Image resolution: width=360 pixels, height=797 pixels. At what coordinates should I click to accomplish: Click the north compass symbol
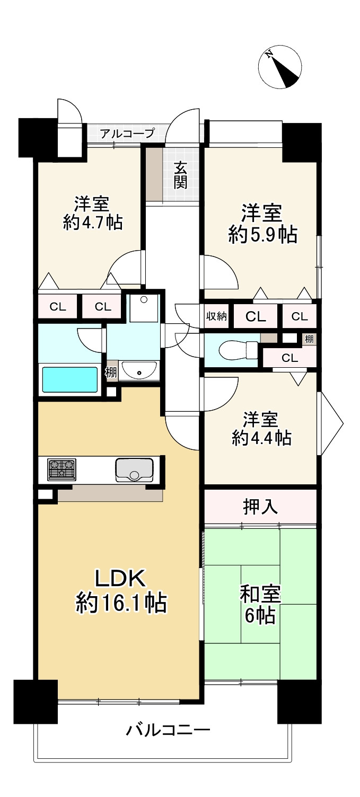pyautogui.click(x=279, y=68)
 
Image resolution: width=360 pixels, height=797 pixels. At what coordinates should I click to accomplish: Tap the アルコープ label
pyautogui.click(x=127, y=134)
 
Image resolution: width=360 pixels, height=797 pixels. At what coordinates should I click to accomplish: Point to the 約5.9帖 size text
pyautogui.click(x=262, y=234)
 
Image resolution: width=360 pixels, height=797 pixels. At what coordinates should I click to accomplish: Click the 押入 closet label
pyautogui.click(x=260, y=507)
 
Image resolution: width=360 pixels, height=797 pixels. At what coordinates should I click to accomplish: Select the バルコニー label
pyautogui.click(x=168, y=731)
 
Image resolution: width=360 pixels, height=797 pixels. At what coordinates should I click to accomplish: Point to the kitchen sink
pyautogui.click(x=135, y=470)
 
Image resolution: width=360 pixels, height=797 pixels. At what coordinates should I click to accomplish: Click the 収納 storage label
pyautogui.click(x=216, y=316)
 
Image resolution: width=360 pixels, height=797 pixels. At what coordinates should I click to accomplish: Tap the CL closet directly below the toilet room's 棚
pyautogui.click(x=289, y=358)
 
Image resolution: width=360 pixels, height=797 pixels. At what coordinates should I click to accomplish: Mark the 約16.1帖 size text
pyautogui.click(x=121, y=603)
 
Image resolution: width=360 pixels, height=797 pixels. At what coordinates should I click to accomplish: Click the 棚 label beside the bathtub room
pyautogui.click(x=111, y=372)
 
